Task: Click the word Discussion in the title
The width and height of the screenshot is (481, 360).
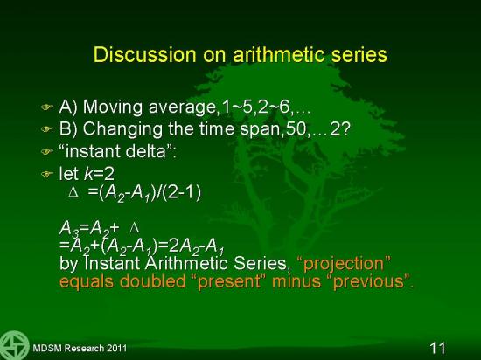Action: tap(145, 55)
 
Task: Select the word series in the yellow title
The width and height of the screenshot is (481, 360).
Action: tap(356, 55)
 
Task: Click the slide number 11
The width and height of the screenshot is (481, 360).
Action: tap(437, 348)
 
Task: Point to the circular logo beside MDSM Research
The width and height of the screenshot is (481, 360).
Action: tap(14, 345)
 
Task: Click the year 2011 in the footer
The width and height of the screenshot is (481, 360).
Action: tap(116, 348)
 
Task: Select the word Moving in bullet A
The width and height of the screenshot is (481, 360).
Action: tap(113, 107)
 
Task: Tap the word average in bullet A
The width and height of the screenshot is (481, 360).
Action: tap(182, 107)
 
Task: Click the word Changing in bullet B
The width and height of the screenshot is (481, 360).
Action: tap(122, 129)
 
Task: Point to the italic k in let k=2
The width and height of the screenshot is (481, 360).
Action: tap(88, 173)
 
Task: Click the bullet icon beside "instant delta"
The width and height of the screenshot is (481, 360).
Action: tap(47, 152)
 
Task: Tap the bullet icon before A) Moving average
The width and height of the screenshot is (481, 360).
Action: tap(47, 107)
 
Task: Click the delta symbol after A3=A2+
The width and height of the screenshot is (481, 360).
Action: tap(135, 229)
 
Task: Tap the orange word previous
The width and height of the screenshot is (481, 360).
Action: tap(368, 281)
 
